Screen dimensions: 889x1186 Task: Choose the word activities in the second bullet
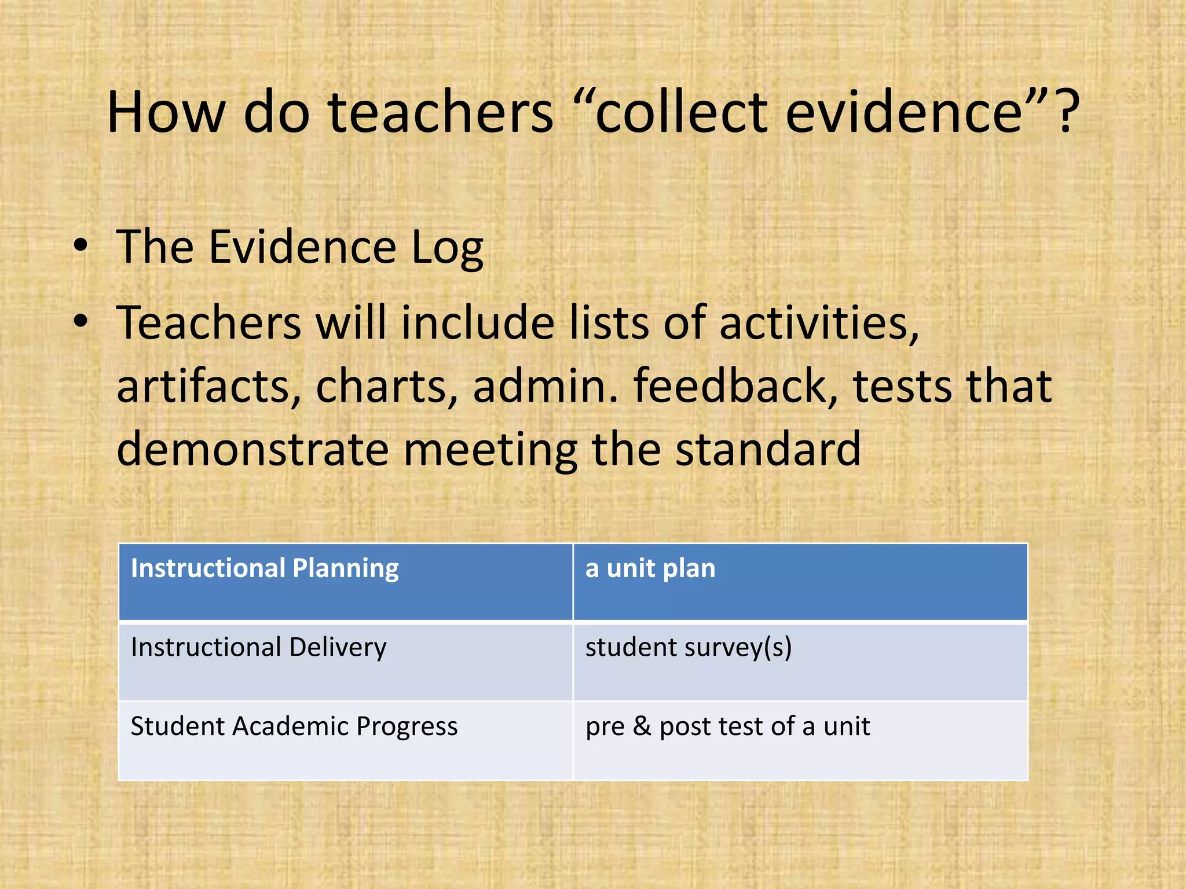click(x=819, y=323)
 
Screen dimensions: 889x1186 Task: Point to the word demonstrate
click(x=252, y=449)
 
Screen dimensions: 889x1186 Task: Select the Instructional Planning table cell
click(x=346, y=582)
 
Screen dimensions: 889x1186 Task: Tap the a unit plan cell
click(x=800, y=582)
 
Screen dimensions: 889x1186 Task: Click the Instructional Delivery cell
click(x=346, y=661)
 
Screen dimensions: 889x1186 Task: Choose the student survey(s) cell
click(x=800, y=661)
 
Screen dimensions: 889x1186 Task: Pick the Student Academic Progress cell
click(x=346, y=740)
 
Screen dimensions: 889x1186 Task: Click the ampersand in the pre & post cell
click(x=642, y=726)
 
